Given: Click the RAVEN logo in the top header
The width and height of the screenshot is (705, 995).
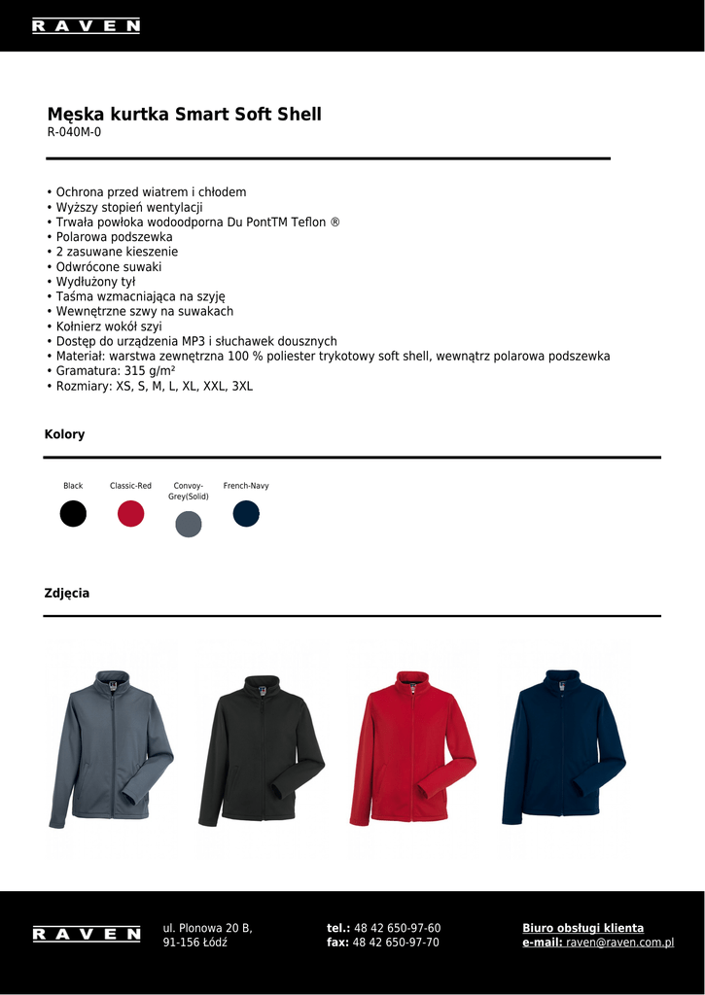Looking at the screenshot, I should [86, 26].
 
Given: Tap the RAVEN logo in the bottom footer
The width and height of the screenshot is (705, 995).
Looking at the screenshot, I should [86, 934].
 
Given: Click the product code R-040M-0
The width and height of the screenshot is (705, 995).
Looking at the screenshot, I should [74, 132].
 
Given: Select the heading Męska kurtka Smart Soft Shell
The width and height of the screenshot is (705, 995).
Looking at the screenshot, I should [184, 115].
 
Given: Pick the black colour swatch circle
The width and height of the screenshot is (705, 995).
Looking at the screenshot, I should [73, 513].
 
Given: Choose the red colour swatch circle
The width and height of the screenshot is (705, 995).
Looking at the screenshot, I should [130, 513].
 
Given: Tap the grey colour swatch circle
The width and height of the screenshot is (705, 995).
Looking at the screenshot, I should [188, 525].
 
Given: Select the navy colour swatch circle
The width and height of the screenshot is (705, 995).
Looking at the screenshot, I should [246, 513].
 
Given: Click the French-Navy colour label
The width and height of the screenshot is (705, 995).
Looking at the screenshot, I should [246, 486].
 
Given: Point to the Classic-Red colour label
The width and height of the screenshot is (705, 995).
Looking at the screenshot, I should [130, 486].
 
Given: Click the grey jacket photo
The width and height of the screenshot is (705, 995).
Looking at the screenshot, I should [111, 748].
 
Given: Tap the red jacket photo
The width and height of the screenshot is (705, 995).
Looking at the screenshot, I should [412, 748].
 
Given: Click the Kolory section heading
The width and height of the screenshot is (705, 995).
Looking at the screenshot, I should [64, 434].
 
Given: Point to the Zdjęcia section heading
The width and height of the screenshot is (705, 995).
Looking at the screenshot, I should [67, 593].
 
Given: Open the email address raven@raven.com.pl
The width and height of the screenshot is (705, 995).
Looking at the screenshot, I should [619, 943].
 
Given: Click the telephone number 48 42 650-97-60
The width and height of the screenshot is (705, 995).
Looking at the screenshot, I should [397, 928].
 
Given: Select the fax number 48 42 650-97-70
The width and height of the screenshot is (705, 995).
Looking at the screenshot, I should [396, 943].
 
